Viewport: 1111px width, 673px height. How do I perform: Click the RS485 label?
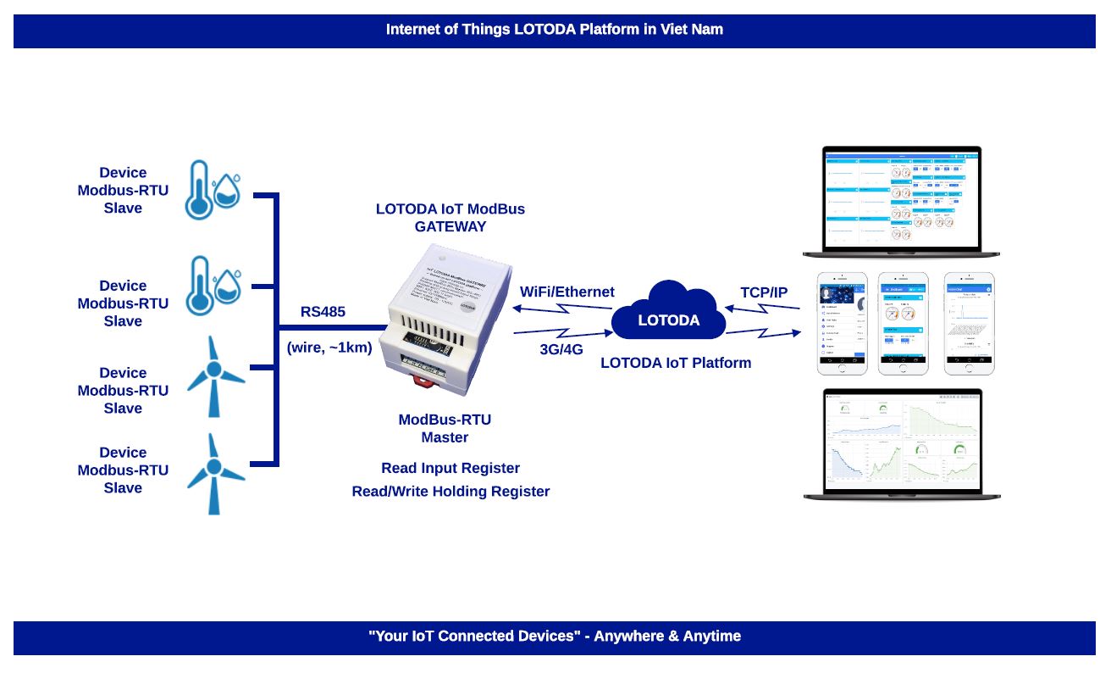click(x=323, y=312)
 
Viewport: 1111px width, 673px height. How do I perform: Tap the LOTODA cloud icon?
click(x=669, y=314)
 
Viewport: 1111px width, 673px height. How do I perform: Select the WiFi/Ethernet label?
click(x=567, y=292)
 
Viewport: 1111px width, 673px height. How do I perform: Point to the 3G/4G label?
click(x=561, y=348)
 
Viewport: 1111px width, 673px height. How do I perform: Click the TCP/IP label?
click(x=764, y=292)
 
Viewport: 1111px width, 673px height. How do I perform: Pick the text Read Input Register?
click(x=450, y=468)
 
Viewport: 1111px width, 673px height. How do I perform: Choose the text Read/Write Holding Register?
click(x=450, y=492)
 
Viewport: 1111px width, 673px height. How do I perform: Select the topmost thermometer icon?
click(x=200, y=190)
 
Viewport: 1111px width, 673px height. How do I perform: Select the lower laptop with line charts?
click(x=901, y=444)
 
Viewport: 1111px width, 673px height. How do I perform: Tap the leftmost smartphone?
click(x=842, y=324)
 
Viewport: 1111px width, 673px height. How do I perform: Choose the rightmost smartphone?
click(x=969, y=324)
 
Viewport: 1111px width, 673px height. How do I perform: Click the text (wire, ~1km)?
click(x=329, y=347)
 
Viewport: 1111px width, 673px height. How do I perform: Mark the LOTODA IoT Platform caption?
click(x=676, y=363)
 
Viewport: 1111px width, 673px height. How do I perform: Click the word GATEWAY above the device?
click(x=450, y=227)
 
